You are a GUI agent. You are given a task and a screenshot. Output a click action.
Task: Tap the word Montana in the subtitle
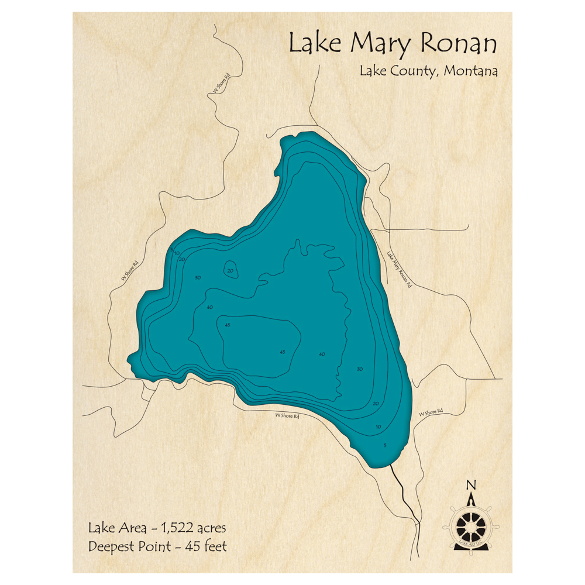[x=471, y=71]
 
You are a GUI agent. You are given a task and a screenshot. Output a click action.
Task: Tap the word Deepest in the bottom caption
[x=112, y=548]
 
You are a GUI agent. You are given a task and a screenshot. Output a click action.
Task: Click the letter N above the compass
[x=470, y=485]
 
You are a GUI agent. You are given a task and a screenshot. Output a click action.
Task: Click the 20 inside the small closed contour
[x=230, y=270]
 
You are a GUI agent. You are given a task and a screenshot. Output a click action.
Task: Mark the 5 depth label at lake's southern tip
[x=385, y=446]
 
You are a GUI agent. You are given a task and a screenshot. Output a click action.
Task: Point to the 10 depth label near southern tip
[x=378, y=427]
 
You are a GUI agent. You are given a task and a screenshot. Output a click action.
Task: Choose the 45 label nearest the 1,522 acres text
[x=283, y=352]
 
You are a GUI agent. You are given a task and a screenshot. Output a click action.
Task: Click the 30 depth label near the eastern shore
[x=360, y=369]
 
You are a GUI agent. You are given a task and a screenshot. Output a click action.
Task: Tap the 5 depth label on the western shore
[x=172, y=250]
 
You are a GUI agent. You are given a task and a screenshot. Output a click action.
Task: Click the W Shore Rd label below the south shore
[x=287, y=417]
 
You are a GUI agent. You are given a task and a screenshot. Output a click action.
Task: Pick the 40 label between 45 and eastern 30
[x=322, y=354]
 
